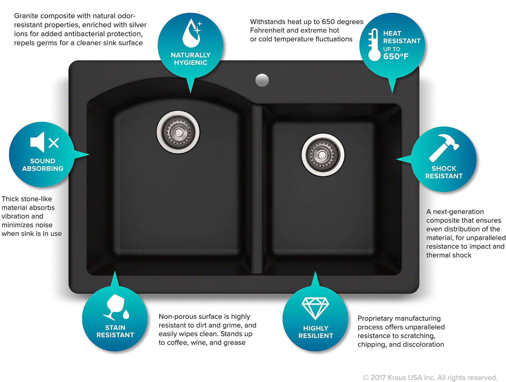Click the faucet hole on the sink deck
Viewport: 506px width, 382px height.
262,80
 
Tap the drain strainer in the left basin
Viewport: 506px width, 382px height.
178,132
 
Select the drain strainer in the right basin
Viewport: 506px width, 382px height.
323,155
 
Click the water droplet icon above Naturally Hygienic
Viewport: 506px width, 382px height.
192,33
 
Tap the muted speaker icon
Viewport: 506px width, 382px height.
44,142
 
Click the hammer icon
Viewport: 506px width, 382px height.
444,148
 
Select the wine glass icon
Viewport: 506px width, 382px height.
116,307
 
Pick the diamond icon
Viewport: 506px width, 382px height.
315,308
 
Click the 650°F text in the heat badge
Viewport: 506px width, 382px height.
396,56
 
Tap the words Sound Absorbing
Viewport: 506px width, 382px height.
43,165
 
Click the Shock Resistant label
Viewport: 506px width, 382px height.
444,172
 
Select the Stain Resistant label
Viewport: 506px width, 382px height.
115,331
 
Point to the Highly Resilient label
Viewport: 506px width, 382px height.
316,332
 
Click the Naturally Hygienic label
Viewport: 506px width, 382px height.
191,59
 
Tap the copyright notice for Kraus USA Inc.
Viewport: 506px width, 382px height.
430,378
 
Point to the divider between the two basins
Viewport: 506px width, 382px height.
256,189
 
